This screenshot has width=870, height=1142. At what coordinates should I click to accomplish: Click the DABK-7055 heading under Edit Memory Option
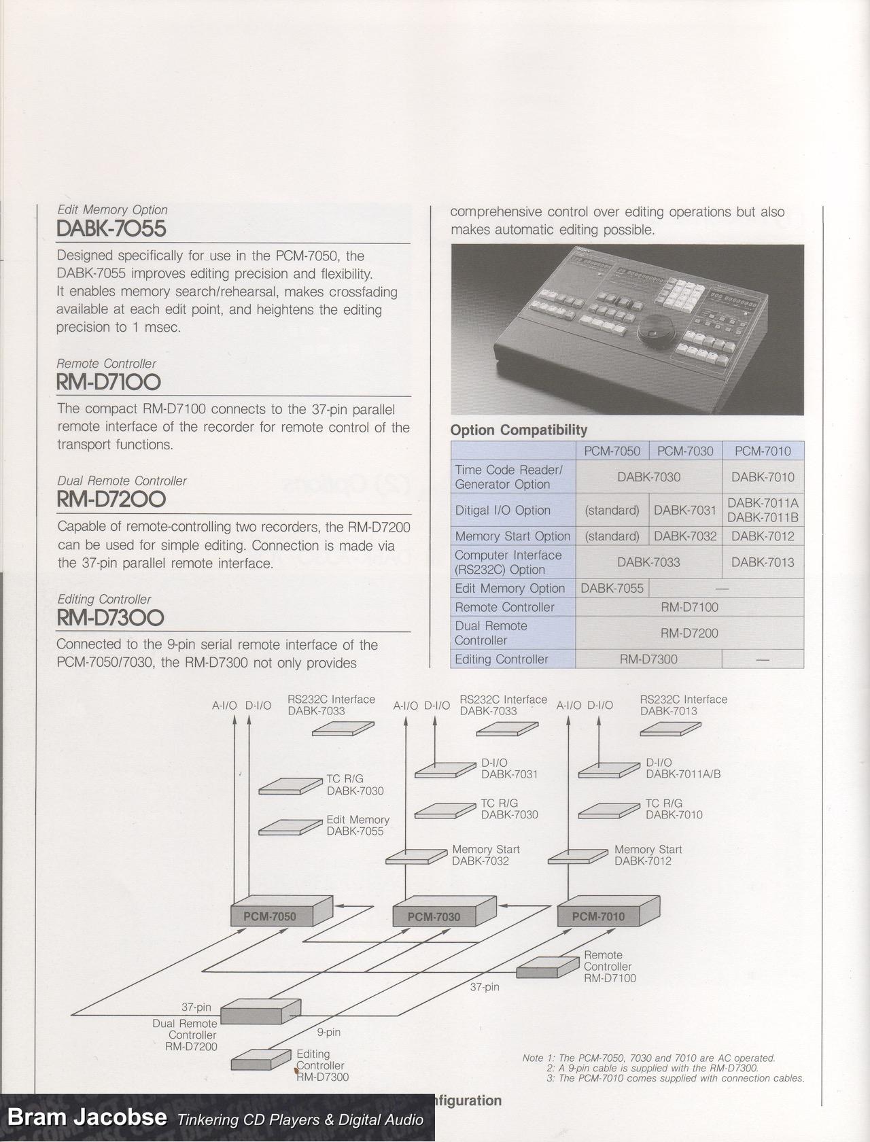[111, 229]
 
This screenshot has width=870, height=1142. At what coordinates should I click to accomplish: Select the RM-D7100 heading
[109, 383]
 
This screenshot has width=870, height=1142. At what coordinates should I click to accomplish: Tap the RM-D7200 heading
[111, 500]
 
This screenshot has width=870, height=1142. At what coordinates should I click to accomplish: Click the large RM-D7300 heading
[110, 618]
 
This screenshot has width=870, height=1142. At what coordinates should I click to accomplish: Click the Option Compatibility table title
[519, 430]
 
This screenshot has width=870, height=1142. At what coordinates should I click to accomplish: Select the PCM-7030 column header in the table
[685, 451]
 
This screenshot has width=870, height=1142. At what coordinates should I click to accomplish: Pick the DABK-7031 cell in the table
[685, 510]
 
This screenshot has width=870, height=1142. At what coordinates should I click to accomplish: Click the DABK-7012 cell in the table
[763, 536]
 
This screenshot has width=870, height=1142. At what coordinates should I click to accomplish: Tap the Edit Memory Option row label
[510, 588]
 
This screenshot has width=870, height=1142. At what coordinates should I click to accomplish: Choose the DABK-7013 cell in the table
[763, 562]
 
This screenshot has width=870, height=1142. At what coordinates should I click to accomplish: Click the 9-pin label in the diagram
[329, 1033]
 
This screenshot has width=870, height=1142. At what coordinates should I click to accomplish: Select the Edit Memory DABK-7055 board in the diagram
[288, 827]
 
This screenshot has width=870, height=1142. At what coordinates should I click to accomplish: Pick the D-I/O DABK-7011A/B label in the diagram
[682, 769]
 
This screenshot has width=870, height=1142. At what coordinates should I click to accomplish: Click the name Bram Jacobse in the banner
[87, 1118]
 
